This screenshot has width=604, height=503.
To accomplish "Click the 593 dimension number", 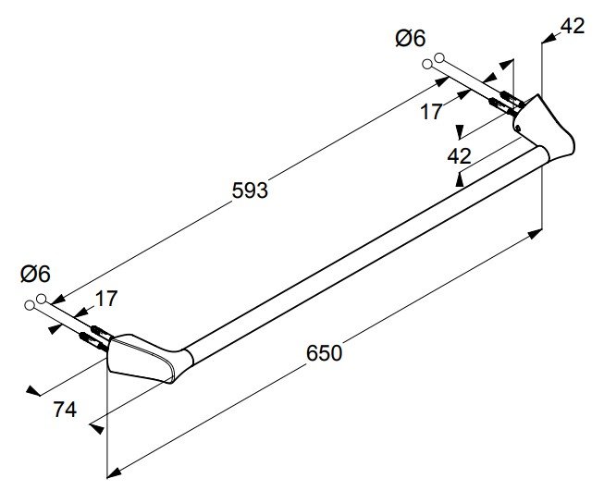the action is (x=250, y=190).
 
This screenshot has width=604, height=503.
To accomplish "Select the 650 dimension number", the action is (x=324, y=353).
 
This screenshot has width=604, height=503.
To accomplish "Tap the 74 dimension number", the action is (x=65, y=410).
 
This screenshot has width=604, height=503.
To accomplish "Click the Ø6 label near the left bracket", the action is (x=35, y=274).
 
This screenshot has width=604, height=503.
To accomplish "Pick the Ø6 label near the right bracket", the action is (x=411, y=39).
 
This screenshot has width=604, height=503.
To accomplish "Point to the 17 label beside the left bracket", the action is (x=106, y=299).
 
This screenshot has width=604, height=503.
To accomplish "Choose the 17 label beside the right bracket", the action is (x=431, y=112).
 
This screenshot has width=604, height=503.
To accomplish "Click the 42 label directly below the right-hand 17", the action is (x=459, y=156).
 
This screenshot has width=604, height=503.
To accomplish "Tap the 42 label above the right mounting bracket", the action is (x=573, y=26).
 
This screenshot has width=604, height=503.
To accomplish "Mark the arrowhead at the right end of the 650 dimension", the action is (x=535, y=233).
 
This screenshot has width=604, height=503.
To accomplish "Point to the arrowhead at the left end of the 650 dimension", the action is (x=114, y=473).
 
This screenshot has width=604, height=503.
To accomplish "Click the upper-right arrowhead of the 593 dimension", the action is (x=442, y=81).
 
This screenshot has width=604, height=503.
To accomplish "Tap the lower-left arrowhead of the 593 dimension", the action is (x=56, y=300).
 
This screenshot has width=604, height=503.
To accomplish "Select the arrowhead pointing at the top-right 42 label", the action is (x=549, y=38).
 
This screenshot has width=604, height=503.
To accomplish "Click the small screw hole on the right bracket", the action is (x=518, y=127).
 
